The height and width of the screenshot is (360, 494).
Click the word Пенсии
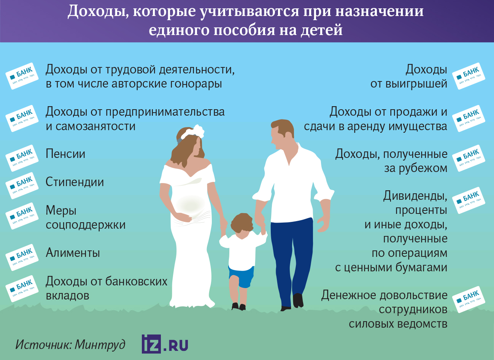(x=65, y=154)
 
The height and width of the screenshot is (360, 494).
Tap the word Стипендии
(x=75, y=182)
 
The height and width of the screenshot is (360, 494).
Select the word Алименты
(x=73, y=253)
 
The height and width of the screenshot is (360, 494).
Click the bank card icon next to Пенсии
(x=22, y=158)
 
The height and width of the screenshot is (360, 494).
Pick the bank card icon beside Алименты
(x=22, y=257)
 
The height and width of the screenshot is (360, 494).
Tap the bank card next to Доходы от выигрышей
(x=469, y=76)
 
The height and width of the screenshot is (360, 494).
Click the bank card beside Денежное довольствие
(x=469, y=299)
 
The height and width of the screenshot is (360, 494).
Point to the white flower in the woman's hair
(x=198, y=131)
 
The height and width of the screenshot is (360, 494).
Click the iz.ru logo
(x=165, y=344)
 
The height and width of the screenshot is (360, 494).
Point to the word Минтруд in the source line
(x=100, y=345)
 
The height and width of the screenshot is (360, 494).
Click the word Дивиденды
(x=415, y=196)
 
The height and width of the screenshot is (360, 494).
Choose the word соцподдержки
(x=86, y=225)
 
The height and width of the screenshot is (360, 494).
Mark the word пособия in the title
(x=245, y=30)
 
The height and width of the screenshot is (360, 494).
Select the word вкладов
(x=67, y=296)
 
